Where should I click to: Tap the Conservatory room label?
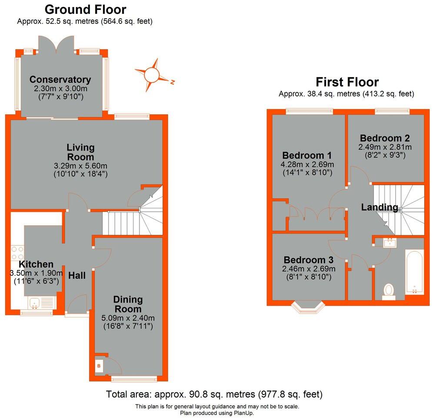pyautogui.click(x=60, y=80)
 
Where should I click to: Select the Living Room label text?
pyautogui.click(x=80, y=152)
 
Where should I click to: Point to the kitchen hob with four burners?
pyautogui.click(x=17, y=254)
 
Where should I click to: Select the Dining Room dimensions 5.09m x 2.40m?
pyautogui.click(x=128, y=317)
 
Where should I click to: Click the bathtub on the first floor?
pyautogui.click(x=414, y=272)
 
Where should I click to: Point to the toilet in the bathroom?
pyautogui.click(x=389, y=291)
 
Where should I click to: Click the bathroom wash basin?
pyautogui.click(x=389, y=242)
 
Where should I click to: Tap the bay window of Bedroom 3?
pyautogui.click(x=308, y=306)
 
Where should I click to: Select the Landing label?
pyautogui.click(x=379, y=207)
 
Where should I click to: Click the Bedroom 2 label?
pyautogui.click(x=385, y=138)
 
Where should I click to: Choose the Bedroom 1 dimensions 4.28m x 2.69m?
pyautogui.click(x=307, y=164)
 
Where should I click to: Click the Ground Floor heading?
pyautogui.click(x=86, y=9)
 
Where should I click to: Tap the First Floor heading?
pyautogui.click(x=347, y=82)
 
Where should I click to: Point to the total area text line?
pyautogui.click(x=214, y=395)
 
